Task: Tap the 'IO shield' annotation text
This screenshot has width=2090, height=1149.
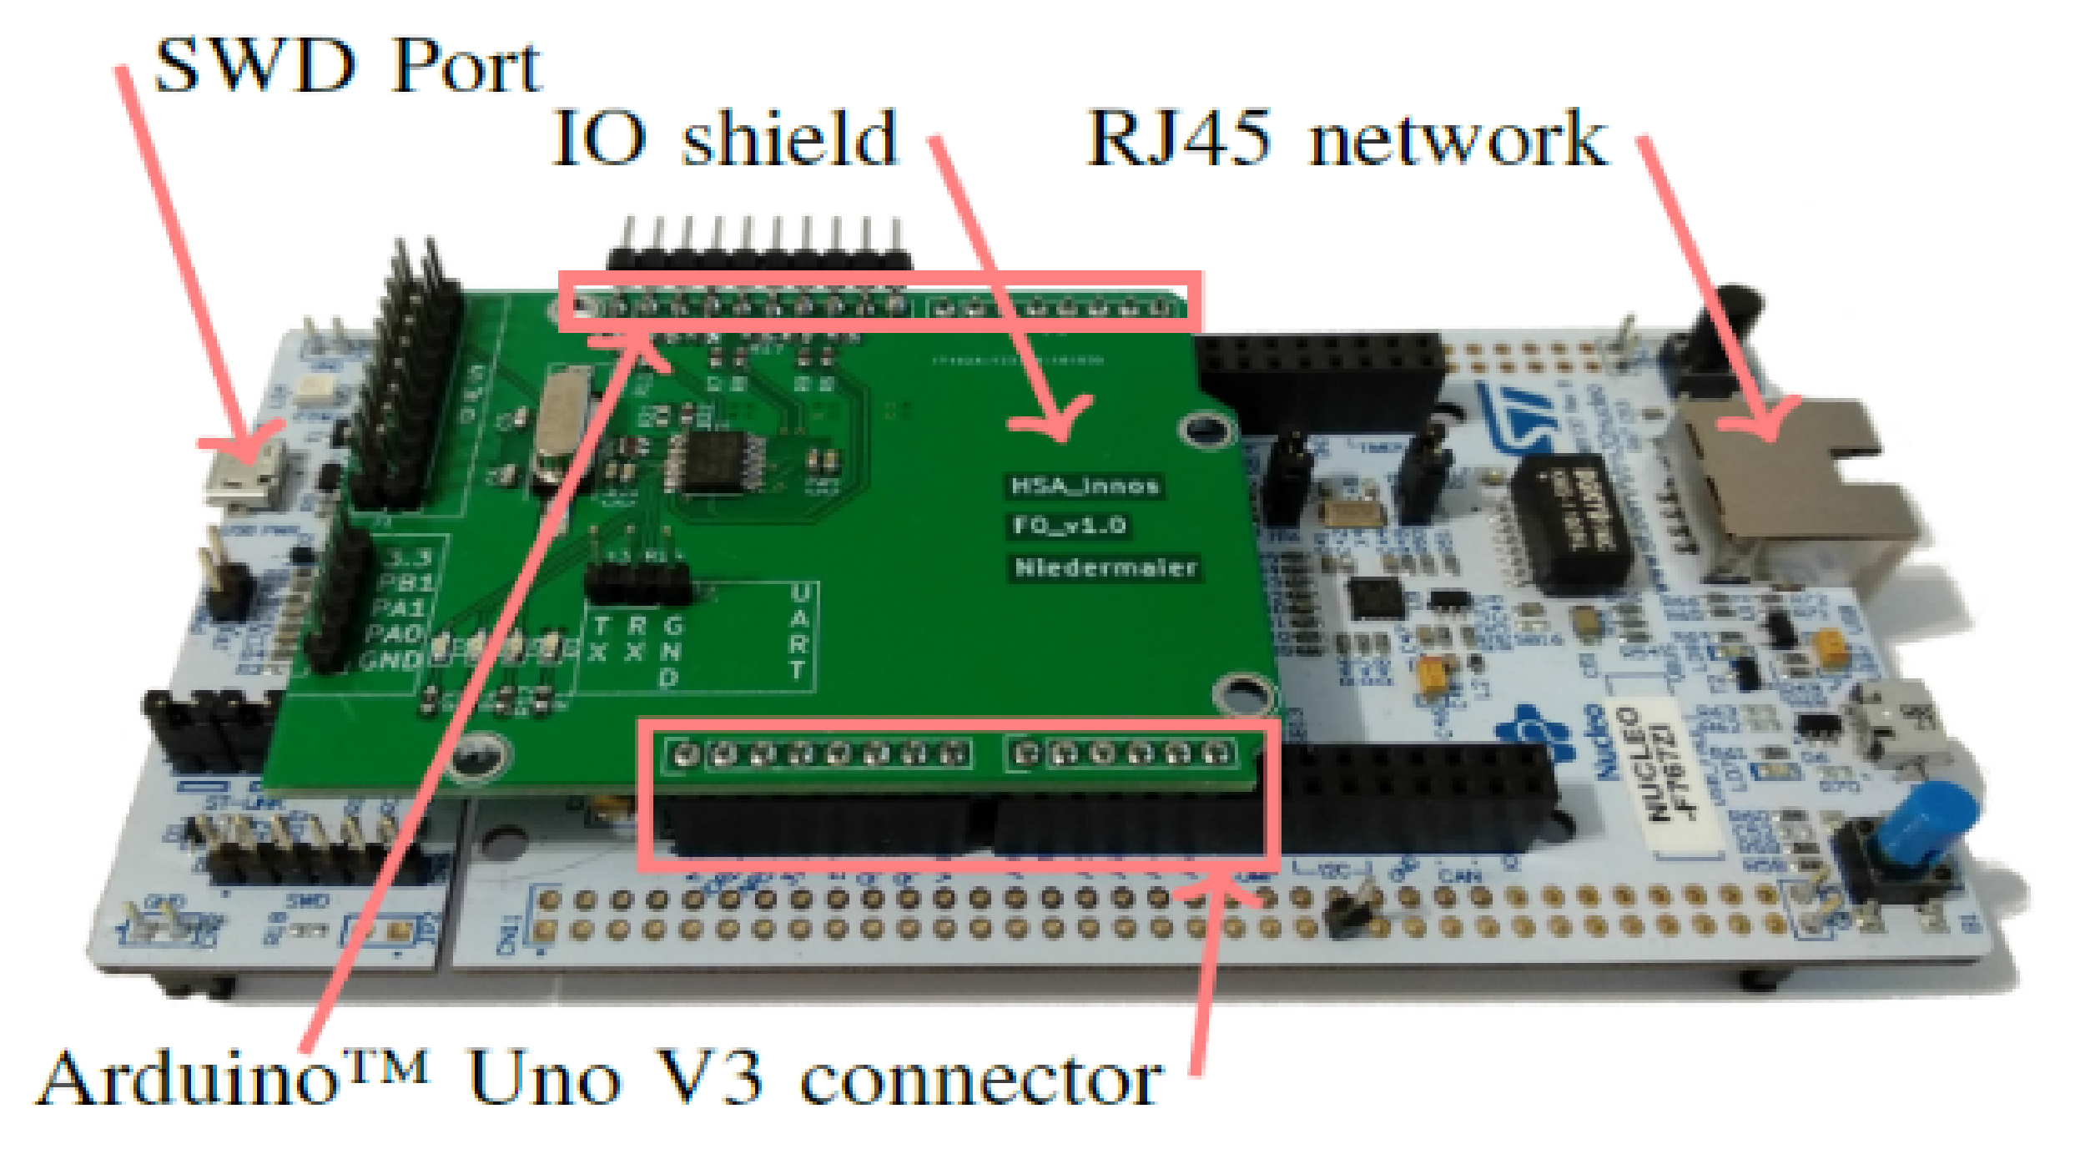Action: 724,139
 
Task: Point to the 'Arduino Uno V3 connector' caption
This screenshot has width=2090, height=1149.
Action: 599,1078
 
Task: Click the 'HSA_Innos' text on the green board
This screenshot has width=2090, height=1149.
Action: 1085,486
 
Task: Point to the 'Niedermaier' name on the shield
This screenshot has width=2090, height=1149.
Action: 1105,567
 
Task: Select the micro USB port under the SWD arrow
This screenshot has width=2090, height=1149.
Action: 244,480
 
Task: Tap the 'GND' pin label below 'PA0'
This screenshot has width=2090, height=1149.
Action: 390,661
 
